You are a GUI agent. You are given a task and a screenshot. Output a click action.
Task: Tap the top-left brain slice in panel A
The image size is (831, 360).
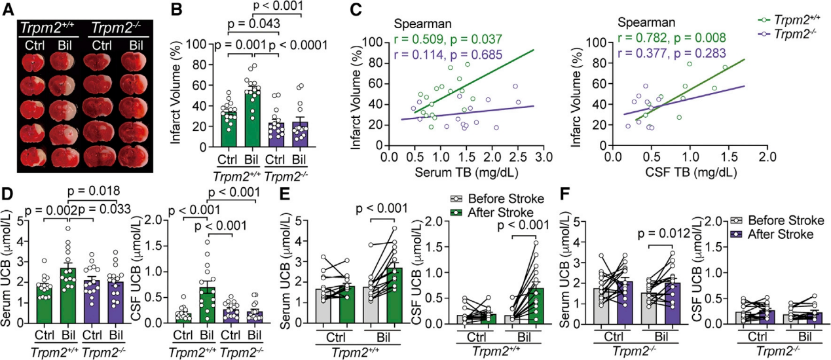(x=33, y=63)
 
